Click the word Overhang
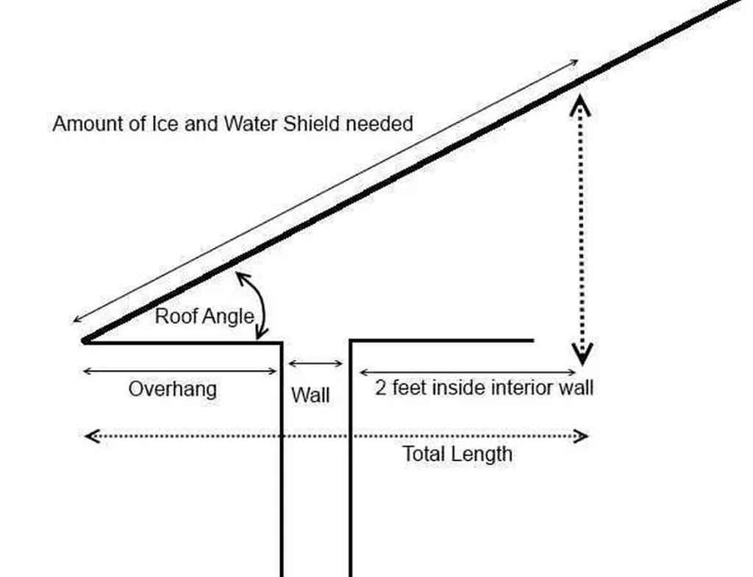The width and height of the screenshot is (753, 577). [172, 389]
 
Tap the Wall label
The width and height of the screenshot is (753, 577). [310, 395]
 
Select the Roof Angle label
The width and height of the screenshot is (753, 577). [204, 316]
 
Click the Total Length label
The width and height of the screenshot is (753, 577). [457, 454]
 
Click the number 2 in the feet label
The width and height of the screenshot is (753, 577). [381, 388]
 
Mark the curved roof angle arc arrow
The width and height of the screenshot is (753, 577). [257, 302]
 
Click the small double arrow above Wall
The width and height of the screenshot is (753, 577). [315, 363]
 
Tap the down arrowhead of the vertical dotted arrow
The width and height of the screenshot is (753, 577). [582, 358]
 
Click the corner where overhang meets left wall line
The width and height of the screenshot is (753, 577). [282, 342]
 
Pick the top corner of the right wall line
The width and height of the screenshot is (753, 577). [351, 341]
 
